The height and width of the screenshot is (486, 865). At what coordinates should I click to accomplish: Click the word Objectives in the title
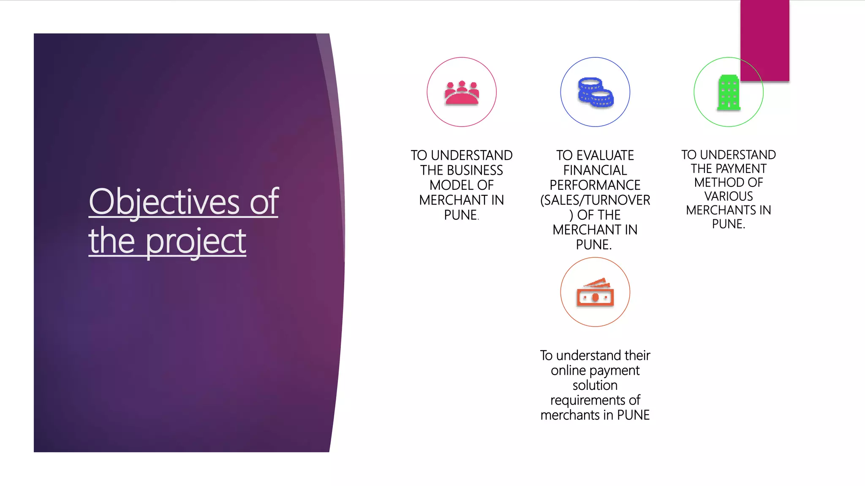coord(164,202)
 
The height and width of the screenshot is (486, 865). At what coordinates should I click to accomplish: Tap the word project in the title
coord(196,241)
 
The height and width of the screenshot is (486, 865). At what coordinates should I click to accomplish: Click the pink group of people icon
coord(461,93)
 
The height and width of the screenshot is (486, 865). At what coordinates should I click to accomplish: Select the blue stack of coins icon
coord(595,92)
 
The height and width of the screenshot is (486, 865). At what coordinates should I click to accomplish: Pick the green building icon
coord(728,93)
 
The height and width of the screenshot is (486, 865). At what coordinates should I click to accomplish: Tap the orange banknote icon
coord(595,292)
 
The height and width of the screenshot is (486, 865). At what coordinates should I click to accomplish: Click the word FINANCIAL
coord(595,170)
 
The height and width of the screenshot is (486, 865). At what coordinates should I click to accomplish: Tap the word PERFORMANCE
coord(595,185)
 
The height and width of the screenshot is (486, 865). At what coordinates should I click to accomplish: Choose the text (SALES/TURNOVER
coord(595,200)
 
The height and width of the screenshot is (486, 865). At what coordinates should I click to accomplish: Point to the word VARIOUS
coord(729,196)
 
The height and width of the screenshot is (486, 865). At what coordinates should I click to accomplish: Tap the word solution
coord(595,385)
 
